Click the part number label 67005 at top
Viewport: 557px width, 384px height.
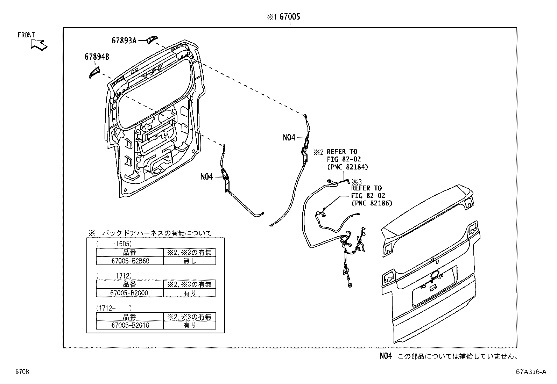click(x=290, y=17)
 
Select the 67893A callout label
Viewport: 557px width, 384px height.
click(x=124, y=41)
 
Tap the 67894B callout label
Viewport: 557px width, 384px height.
click(x=97, y=57)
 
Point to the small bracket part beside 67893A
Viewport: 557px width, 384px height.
click(x=151, y=39)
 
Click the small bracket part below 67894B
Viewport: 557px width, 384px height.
click(x=93, y=73)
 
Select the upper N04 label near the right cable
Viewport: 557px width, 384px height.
click(x=289, y=138)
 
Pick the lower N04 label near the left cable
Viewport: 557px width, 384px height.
click(x=207, y=177)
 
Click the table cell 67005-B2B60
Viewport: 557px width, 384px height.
click(x=130, y=261)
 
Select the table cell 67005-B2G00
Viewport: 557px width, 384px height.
click(x=129, y=293)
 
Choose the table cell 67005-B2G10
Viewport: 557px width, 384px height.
click(x=130, y=325)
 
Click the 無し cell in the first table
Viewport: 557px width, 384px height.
click(x=190, y=261)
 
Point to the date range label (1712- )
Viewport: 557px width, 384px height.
click(x=114, y=308)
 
